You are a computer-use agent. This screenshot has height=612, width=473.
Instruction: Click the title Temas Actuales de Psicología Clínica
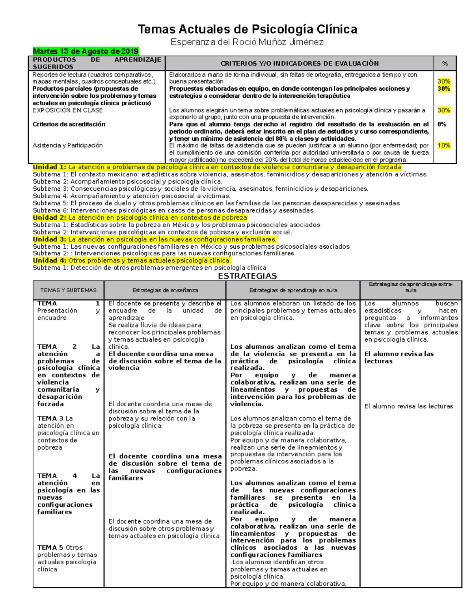click(247, 29)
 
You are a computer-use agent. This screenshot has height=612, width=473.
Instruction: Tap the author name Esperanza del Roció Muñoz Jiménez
click(247, 42)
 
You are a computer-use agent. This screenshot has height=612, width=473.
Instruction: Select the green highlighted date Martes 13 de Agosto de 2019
click(86, 51)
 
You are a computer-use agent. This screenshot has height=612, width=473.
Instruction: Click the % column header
click(445, 63)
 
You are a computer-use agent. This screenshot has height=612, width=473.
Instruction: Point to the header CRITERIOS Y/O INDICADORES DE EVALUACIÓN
click(299, 63)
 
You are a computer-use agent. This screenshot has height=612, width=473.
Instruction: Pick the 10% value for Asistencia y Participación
click(444, 145)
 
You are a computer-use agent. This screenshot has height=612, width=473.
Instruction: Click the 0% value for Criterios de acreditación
click(441, 124)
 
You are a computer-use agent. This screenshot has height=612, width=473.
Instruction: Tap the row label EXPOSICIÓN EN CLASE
click(67, 110)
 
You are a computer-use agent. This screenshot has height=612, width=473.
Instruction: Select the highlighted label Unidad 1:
click(50, 167)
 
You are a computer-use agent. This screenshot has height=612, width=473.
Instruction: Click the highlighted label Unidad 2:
click(50, 218)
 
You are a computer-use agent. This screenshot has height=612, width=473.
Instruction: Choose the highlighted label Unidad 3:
click(50, 239)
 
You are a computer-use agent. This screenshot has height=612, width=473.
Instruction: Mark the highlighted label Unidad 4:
click(50, 260)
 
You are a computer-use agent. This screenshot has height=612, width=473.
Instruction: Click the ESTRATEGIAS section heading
click(247, 276)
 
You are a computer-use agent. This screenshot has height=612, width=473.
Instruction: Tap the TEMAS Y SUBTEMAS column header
click(68, 290)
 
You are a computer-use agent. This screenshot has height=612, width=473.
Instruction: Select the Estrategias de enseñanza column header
click(165, 290)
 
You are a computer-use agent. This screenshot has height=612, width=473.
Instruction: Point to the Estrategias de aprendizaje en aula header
click(293, 290)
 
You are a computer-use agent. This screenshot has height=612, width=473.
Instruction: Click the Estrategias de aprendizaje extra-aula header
click(410, 287)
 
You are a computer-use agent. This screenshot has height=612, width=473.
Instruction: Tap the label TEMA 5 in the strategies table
click(50, 548)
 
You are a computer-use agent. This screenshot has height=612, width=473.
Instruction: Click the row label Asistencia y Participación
click(67, 145)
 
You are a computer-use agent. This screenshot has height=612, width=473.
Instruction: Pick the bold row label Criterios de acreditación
click(69, 124)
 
